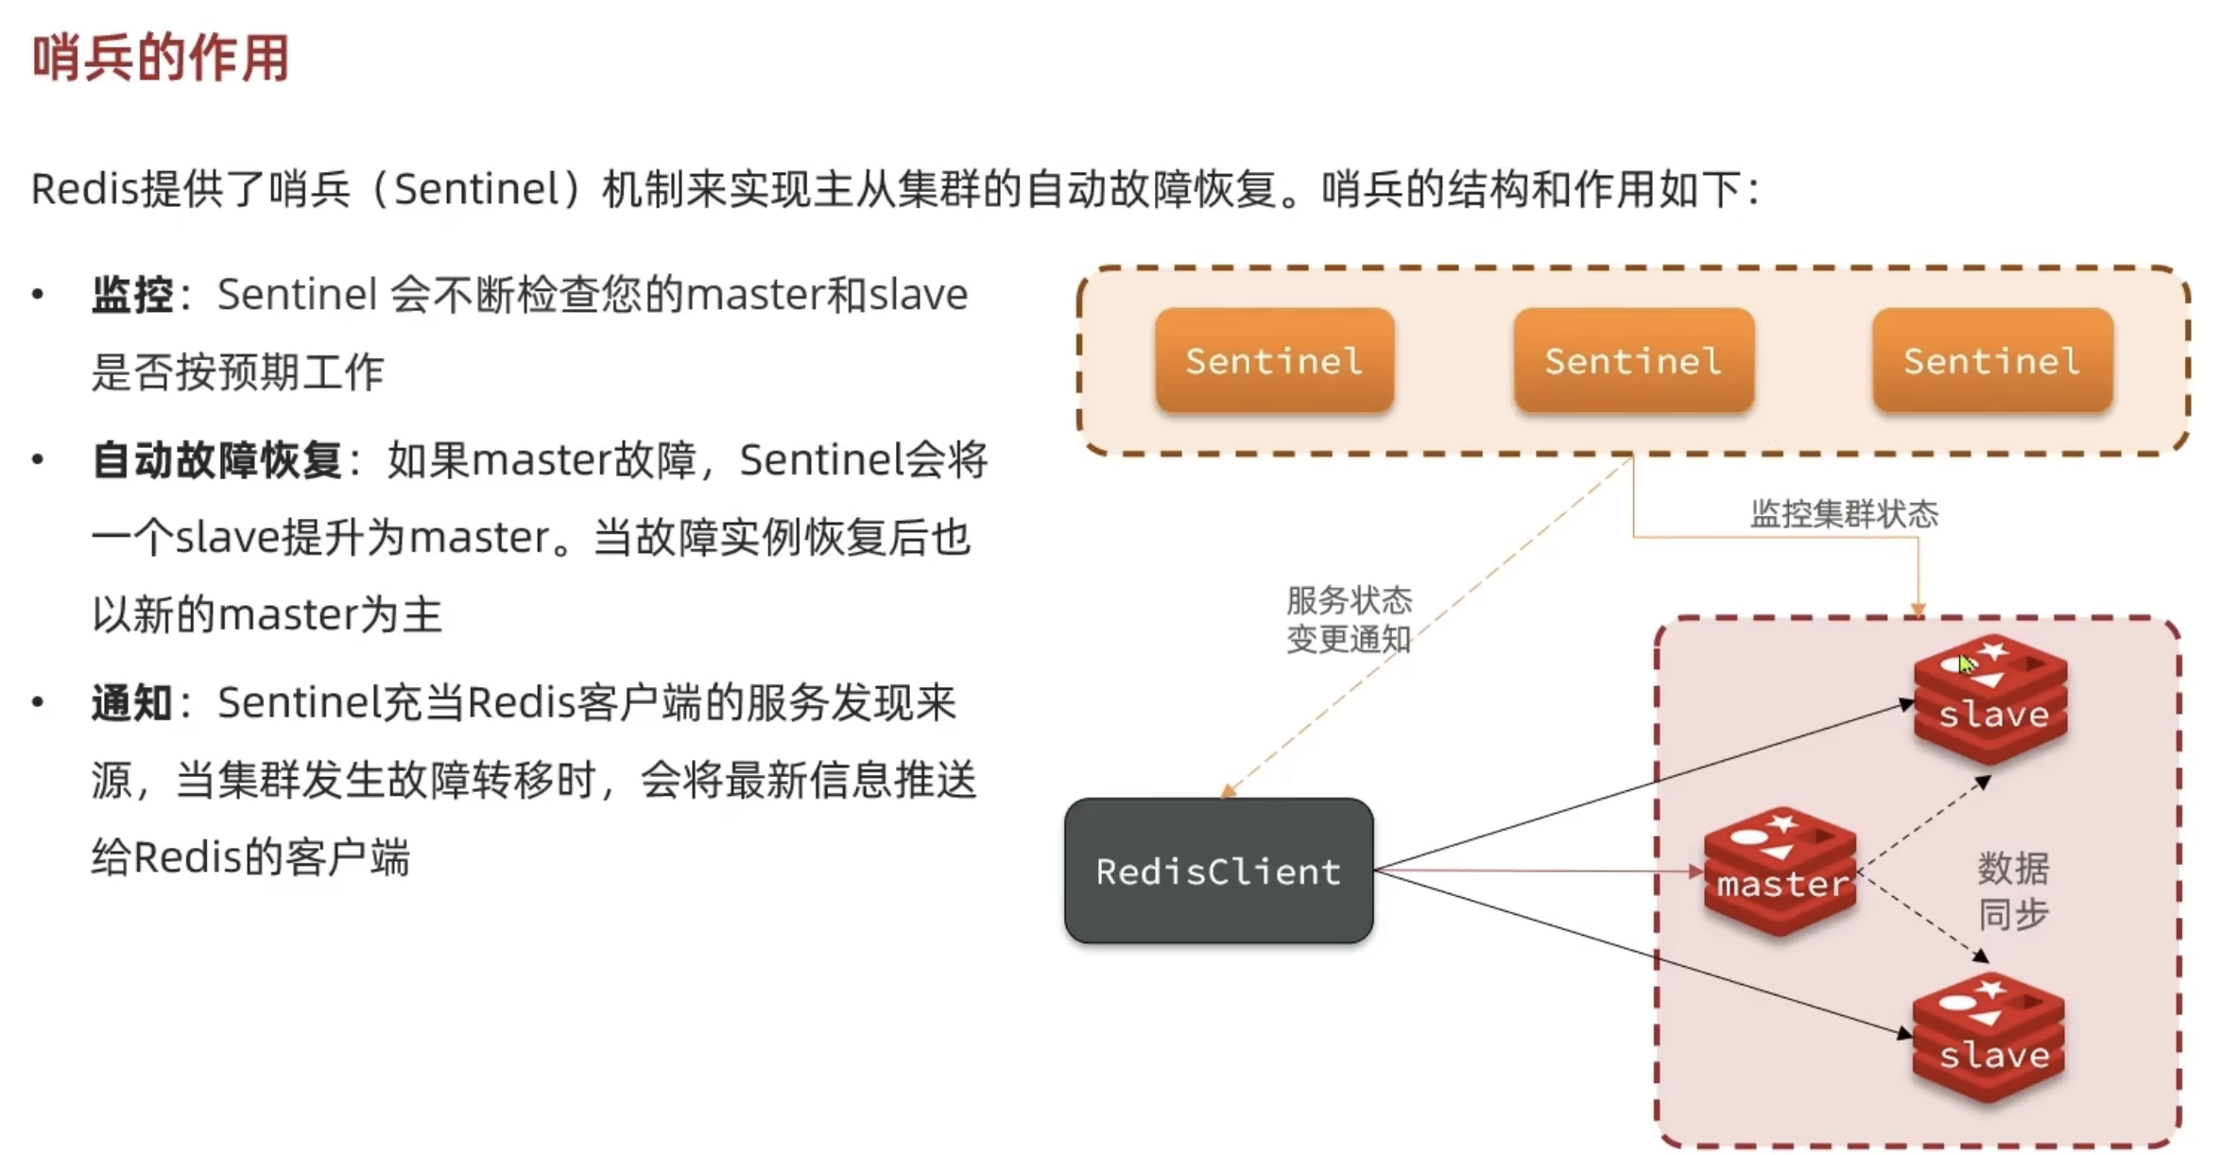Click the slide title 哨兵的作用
click(161, 59)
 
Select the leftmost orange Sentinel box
click(1274, 360)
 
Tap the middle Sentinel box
click(1633, 360)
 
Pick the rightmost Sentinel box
click(1992, 360)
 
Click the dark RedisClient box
click(1218, 871)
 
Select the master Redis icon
click(1780, 871)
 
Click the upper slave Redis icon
click(1991, 699)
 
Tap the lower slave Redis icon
click(1989, 1038)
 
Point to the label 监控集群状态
click(1844, 514)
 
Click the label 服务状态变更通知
click(1349, 619)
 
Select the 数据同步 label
click(2013, 890)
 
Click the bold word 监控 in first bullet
click(132, 295)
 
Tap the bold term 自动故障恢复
click(216, 461)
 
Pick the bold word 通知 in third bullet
click(132, 703)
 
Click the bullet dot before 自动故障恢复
click(38, 461)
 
